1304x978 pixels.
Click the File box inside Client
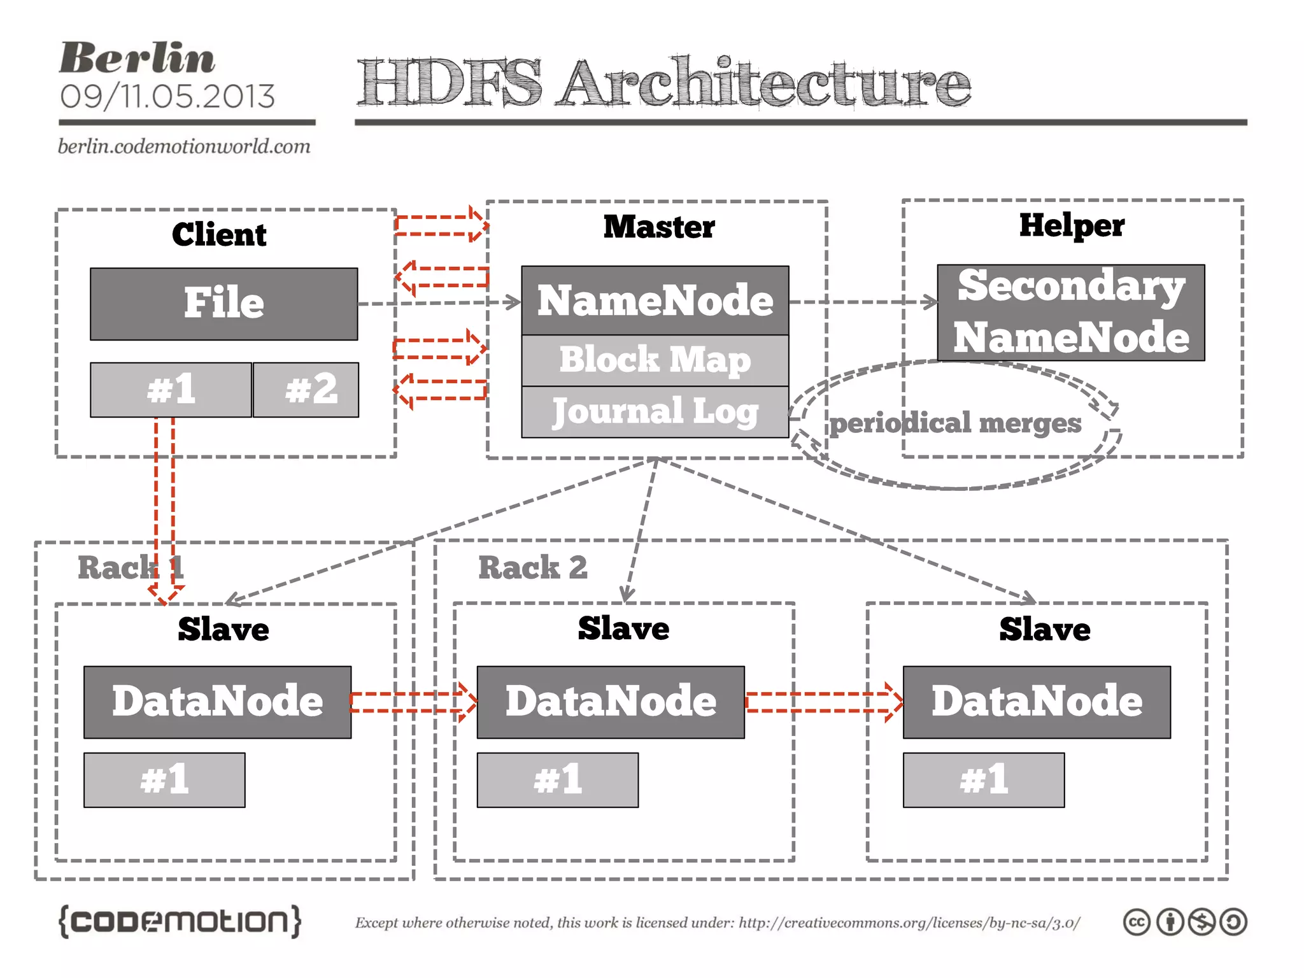click(223, 304)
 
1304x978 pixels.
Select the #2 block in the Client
click(306, 390)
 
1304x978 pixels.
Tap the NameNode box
click(655, 301)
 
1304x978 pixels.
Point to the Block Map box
click(655, 360)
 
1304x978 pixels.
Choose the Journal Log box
click(655, 412)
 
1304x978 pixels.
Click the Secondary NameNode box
click(1071, 312)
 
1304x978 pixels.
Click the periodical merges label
click(955, 423)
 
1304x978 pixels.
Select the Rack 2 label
click(532, 567)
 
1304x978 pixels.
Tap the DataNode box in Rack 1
click(217, 702)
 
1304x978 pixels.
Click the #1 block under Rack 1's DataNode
click(164, 780)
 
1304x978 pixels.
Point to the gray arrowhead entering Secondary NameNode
click(931, 302)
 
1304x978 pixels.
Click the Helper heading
click(1072, 225)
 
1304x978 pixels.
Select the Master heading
click(659, 227)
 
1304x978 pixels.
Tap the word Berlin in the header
click(137, 59)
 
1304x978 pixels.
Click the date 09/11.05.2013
click(167, 97)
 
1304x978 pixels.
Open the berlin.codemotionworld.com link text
click(184, 146)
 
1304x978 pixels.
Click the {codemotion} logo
click(180, 921)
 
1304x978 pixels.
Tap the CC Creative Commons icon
click(1137, 922)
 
